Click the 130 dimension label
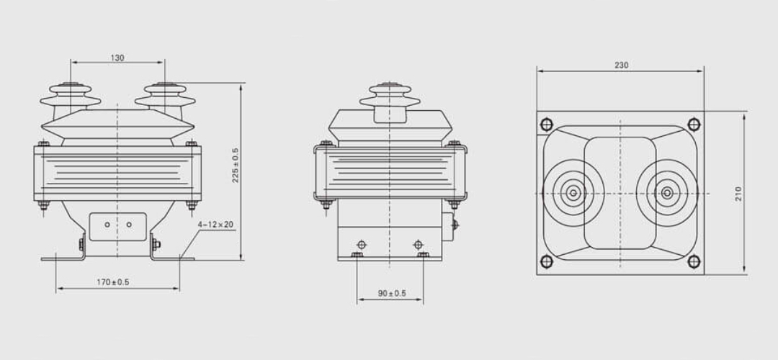(117, 58)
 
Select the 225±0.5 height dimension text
(236, 165)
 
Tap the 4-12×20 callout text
(215, 225)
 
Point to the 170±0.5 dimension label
(113, 282)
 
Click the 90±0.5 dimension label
(392, 294)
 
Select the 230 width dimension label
(621, 65)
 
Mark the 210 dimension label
(738, 193)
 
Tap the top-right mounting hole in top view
(694, 122)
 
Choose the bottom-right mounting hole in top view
(694, 262)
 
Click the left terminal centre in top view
(573, 192)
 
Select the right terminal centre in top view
(668, 192)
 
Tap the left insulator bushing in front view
(70, 97)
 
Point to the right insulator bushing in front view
(165, 97)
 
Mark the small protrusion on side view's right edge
(455, 224)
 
